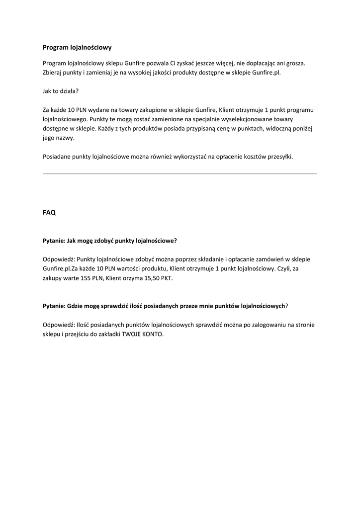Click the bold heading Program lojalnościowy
click(77, 48)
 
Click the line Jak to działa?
click(61, 91)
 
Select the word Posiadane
click(57, 157)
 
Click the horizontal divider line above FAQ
click(180, 173)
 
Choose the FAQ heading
click(49, 212)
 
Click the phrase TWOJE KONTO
click(142, 334)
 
